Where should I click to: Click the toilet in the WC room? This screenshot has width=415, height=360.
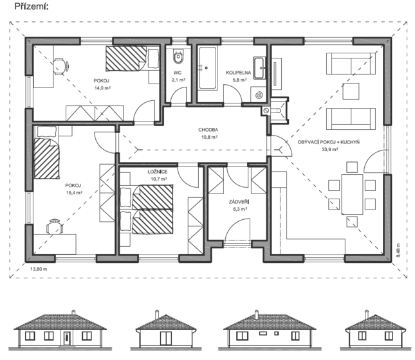[178, 57]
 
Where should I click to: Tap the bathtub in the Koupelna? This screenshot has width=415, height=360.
[208, 68]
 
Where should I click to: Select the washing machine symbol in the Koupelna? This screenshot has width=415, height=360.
[259, 94]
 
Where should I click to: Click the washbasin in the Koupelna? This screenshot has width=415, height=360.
[260, 67]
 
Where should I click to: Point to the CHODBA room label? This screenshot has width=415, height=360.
[208, 130]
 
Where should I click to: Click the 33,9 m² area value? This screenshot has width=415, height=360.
[330, 149]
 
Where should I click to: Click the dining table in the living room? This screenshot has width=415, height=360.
[352, 194]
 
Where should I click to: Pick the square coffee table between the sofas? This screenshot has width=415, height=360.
[351, 91]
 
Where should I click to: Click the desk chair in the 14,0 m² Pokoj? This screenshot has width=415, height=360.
[60, 66]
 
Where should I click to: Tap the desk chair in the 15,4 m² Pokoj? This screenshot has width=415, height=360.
[55, 227]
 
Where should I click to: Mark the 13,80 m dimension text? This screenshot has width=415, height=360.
[39, 269]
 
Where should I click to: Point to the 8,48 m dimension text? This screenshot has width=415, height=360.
[398, 250]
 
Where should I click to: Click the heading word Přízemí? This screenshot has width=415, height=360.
[32, 6]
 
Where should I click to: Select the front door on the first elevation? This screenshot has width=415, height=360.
[67, 338]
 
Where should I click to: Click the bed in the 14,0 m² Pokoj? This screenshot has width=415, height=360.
[133, 59]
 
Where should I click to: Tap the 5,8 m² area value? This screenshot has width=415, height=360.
[240, 80]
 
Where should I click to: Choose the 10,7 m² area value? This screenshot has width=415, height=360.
[159, 179]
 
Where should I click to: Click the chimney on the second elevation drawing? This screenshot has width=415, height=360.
[157, 314]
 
